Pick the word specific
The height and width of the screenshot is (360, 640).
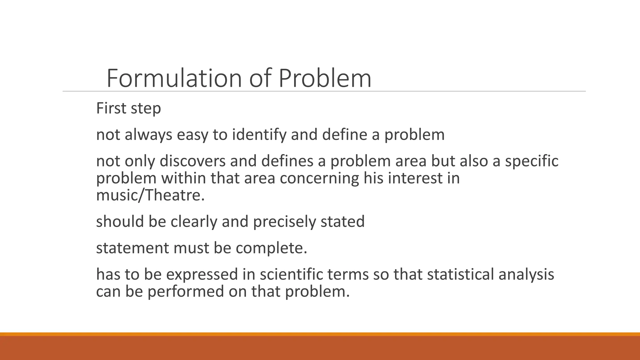(532, 161)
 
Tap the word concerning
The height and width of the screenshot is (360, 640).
(319, 178)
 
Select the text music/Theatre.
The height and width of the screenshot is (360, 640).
(150, 195)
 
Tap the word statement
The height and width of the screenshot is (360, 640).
(132, 248)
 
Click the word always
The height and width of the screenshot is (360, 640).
(148, 135)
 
